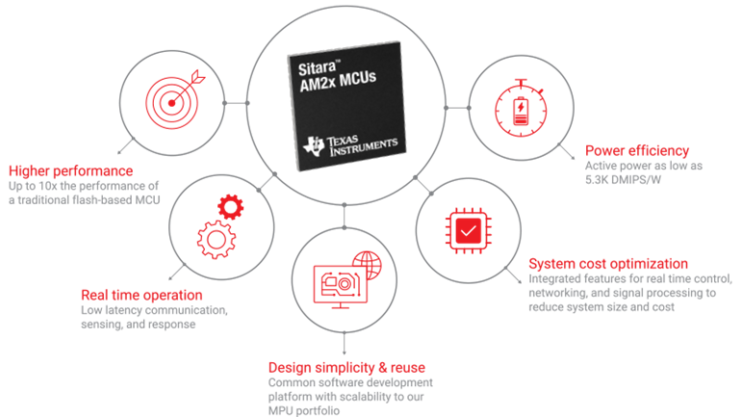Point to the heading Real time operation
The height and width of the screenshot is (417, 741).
[141, 295]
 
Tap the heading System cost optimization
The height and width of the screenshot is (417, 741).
[608, 263]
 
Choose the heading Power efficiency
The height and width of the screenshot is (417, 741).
[638, 150]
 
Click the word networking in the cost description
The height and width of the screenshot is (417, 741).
[560, 292]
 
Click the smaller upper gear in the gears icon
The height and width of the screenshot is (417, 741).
[231, 205]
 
